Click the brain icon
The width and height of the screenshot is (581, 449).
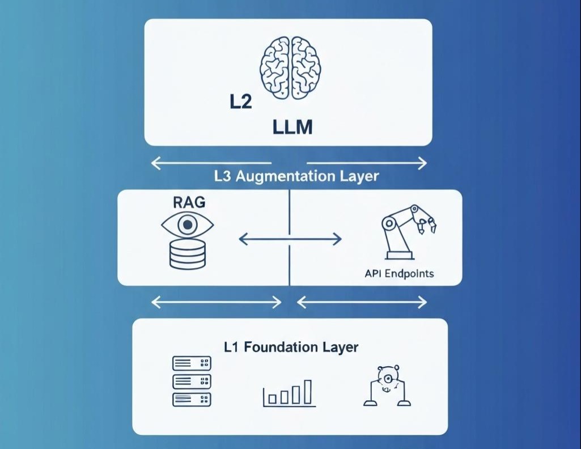click(290, 68)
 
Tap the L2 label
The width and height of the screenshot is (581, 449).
click(240, 103)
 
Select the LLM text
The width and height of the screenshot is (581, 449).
click(292, 127)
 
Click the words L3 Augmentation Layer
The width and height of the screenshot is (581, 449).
click(296, 176)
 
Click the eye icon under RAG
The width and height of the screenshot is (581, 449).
click(187, 226)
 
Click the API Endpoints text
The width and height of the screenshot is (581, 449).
click(400, 273)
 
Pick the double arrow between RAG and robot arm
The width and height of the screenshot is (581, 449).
click(290, 239)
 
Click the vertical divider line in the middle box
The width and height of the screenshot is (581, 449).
click(290, 261)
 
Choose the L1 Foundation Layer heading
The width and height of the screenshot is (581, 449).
click(291, 346)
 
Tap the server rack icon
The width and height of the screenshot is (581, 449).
click(192, 381)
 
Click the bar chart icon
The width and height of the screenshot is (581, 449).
click(287, 392)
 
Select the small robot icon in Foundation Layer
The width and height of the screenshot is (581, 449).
click(387, 386)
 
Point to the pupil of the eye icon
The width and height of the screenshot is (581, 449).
click(187, 225)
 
